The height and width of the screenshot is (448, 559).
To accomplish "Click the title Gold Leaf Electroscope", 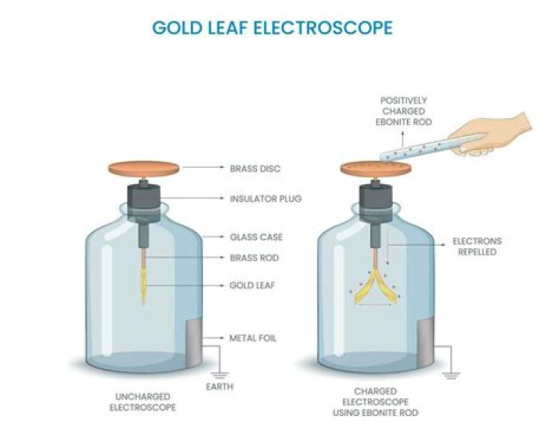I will pos(272,28).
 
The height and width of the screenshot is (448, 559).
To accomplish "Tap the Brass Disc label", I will pos(255,167).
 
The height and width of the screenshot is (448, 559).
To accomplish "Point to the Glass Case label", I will pos(255,236).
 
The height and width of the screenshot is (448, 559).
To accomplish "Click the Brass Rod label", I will pos(254,257).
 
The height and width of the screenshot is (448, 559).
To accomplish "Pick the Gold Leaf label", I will pos(253,285).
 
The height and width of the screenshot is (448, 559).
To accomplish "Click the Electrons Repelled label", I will pos(477,247).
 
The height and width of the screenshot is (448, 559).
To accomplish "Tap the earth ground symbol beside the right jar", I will pos(450,374).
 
